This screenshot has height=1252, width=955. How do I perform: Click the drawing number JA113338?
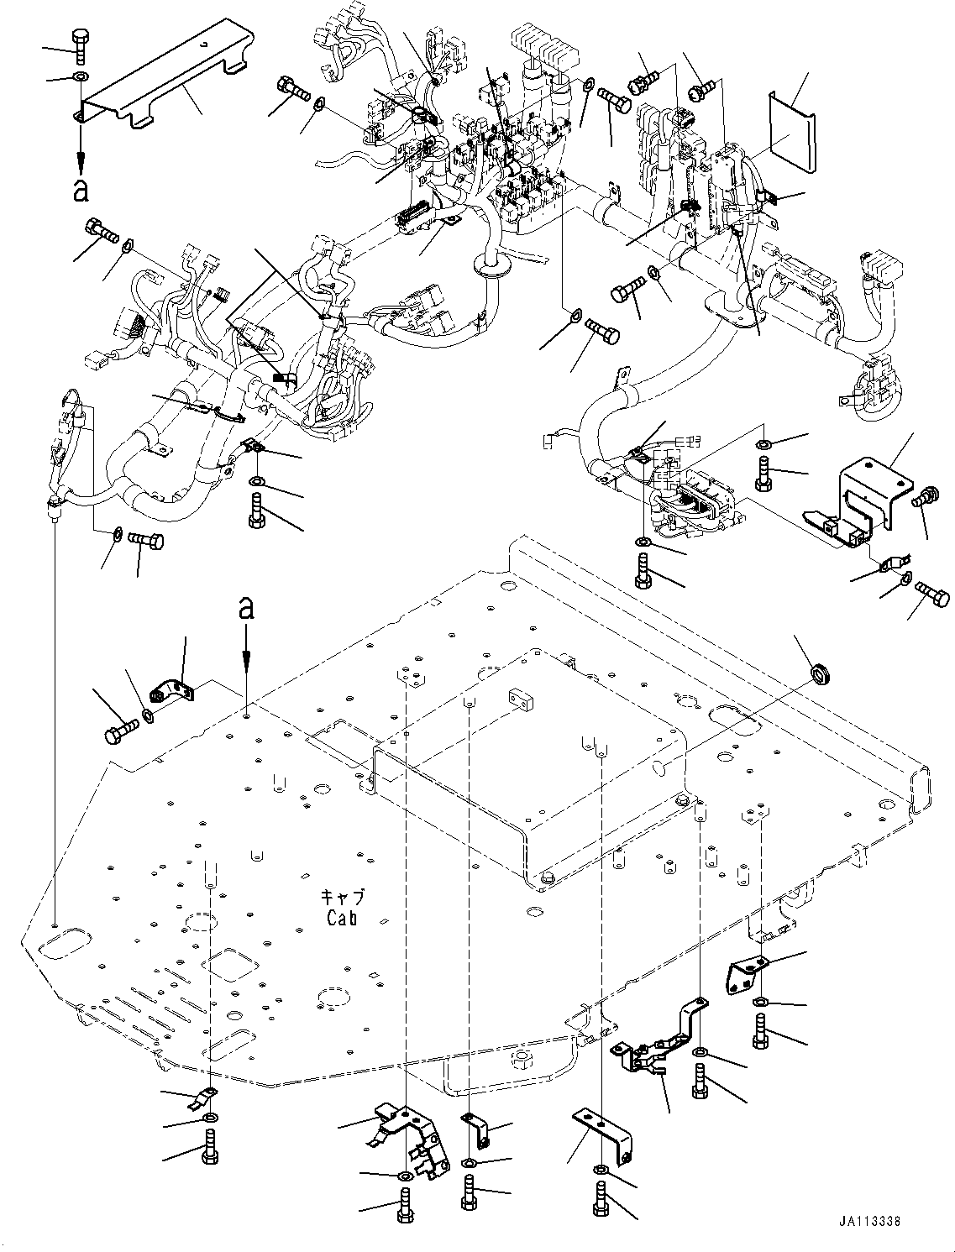point(868,1222)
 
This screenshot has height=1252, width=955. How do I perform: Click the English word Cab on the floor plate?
point(342,918)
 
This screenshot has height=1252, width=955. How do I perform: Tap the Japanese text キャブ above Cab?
point(346,898)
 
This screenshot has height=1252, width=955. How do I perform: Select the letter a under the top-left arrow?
point(81,189)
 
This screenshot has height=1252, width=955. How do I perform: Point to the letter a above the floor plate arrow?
point(245,607)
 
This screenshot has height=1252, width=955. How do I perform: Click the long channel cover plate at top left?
point(160,84)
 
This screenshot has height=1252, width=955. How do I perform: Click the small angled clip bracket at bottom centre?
point(476,1128)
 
